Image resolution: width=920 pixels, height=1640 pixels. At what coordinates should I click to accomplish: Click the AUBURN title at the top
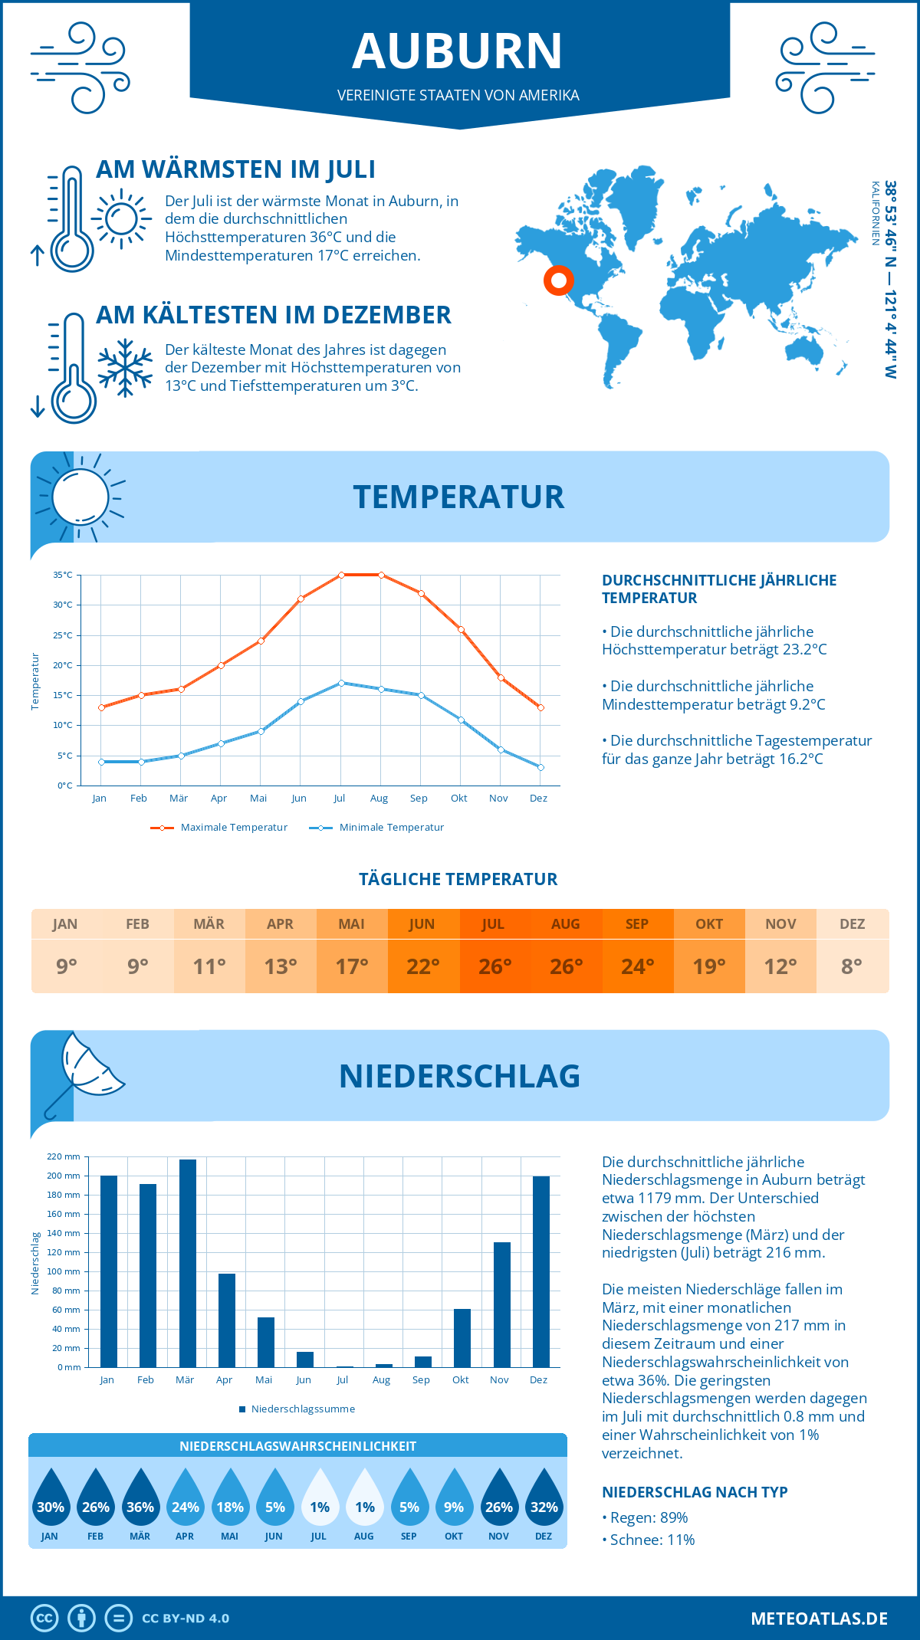(x=458, y=51)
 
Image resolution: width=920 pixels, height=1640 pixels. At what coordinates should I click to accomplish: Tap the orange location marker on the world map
(x=559, y=280)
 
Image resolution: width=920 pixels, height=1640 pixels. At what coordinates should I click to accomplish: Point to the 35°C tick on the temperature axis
(x=63, y=575)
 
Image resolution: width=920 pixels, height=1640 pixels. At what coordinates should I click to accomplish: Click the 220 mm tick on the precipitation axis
(x=64, y=1156)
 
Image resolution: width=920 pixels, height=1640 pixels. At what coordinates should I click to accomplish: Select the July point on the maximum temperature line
(x=341, y=575)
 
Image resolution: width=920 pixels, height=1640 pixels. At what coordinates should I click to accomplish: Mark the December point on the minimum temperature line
(x=540, y=767)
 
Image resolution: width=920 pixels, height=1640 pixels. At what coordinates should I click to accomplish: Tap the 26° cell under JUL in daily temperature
(x=495, y=966)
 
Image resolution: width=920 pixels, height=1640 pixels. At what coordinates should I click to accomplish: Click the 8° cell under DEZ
(x=852, y=966)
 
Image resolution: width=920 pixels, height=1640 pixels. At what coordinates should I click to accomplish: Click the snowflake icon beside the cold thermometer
(x=125, y=368)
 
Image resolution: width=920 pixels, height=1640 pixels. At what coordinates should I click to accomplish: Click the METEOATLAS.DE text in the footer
(x=819, y=1619)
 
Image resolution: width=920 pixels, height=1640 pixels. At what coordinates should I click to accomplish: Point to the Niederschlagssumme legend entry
(x=302, y=1409)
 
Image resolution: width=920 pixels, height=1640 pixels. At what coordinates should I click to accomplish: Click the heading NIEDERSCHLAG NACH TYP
(x=694, y=1492)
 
